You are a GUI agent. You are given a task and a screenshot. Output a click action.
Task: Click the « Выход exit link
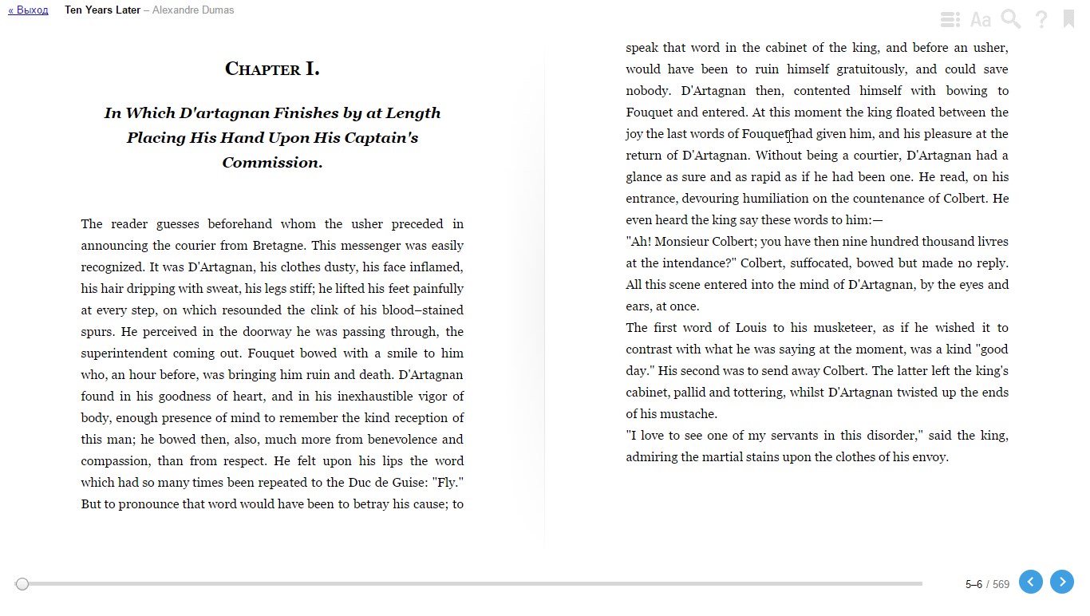click(28, 10)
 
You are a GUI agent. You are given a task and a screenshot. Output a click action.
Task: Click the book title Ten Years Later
click(102, 10)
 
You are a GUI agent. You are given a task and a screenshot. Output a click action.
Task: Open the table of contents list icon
click(950, 19)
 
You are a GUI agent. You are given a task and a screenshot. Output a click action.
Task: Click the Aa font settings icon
click(981, 19)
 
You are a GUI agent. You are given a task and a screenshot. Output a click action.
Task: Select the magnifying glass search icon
click(1011, 19)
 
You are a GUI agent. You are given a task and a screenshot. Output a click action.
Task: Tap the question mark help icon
click(1041, 19)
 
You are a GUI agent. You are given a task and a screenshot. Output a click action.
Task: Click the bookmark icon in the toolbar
click(1068, 19)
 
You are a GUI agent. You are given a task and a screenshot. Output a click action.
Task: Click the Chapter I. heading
click(272, 69)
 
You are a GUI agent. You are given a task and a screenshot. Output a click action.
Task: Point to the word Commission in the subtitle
click(271, 163)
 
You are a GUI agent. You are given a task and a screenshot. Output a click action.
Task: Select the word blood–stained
click(424, 310)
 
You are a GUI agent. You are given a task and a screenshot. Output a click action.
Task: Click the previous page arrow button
click(1030, 582)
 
